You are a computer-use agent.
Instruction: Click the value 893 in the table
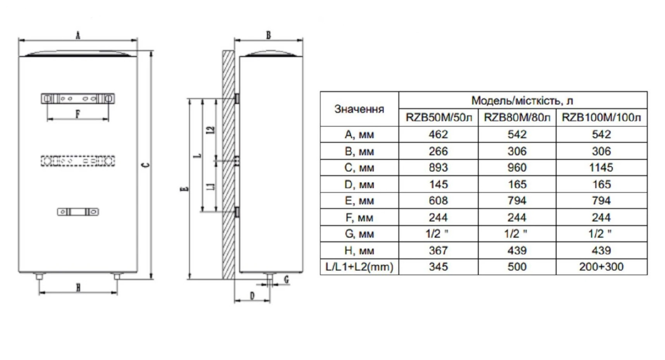(x=438, y=168)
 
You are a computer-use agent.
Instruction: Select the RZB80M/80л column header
(x=517, y=117)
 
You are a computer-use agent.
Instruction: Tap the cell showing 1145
(x=601, y=168)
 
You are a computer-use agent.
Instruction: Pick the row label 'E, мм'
(x=359, y=201)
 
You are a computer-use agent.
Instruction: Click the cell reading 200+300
(x=601, y=267)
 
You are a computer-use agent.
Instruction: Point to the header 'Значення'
(x=359, y=109)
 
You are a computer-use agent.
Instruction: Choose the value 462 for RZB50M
(x=438, y=134)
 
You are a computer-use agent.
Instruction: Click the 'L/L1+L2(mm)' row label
(x=359, y=267)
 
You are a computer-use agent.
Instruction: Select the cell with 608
(x=438, y=201)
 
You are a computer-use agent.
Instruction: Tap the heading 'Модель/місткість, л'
(x=522, y=101)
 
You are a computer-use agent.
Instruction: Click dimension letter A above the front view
(x=78, y=36)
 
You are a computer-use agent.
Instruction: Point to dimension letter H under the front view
(x=78, y=288)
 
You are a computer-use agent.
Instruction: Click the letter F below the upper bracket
(x=77, y=114)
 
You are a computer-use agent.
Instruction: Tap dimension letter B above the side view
(x=268, y=35)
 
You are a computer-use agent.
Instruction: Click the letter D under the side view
(x=252, y=296)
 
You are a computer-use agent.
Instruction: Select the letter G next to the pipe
(x=286, y=279)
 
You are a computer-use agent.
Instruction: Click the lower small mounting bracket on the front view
(x=78, y=212)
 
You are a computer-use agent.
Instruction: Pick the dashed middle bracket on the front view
(x=78, y=161)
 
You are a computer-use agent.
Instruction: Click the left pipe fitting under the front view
(x=39, y=276)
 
